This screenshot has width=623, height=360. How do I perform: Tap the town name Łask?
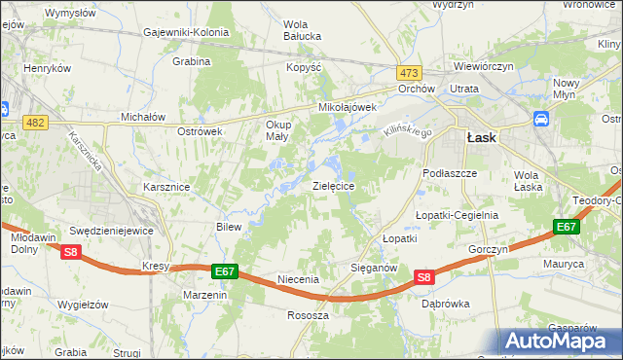[481, 137]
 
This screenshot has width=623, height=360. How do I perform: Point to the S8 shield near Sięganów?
[423, 277]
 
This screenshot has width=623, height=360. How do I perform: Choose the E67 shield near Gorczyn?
[566, 227]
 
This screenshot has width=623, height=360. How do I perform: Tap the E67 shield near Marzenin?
[223, 270]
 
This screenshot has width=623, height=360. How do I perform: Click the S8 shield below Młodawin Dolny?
[70, 252]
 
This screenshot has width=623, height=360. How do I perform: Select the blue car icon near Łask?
[539, 120]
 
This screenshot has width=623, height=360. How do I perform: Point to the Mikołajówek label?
[348, 107]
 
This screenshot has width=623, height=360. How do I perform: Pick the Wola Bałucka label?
[303, 31]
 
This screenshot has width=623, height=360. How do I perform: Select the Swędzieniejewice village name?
[108, 231]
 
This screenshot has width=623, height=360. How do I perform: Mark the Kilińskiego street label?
[406, 130]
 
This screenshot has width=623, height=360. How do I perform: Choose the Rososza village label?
[308, 315]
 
